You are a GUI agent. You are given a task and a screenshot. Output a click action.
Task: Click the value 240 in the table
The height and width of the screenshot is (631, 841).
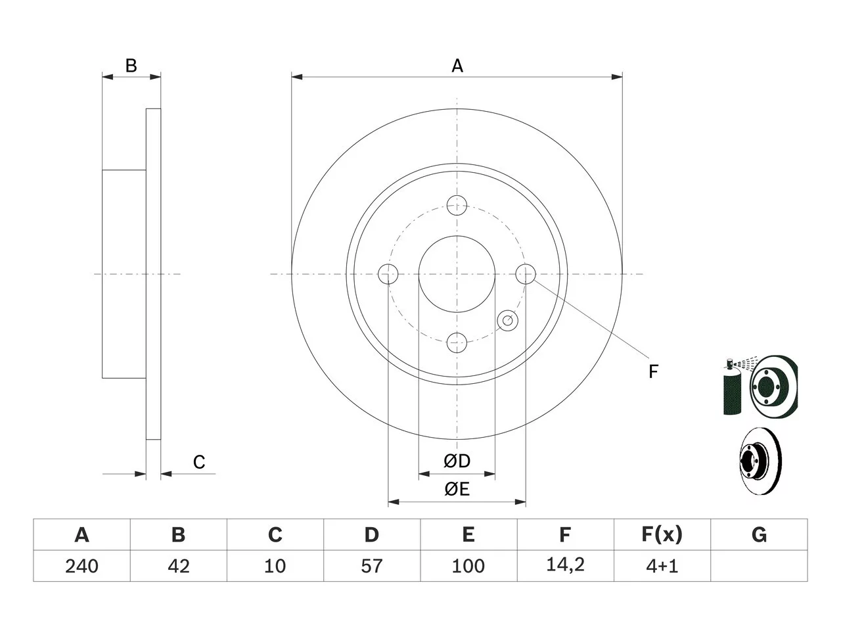81,566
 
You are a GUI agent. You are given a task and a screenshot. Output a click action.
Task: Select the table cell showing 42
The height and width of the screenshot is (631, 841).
179,566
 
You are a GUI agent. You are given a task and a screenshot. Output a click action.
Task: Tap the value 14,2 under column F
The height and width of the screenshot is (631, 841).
565,565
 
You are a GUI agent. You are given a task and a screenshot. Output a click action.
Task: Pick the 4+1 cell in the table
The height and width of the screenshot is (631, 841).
662,566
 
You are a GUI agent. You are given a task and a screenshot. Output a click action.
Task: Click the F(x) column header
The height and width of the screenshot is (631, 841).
662,534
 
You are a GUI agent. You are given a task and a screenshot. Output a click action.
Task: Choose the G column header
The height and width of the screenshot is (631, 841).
759,534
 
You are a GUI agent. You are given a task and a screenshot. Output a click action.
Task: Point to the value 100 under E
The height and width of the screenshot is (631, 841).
468,566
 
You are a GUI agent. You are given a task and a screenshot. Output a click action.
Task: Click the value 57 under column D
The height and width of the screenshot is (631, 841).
372,566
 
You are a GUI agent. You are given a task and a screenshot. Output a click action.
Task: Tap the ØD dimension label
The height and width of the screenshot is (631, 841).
457,461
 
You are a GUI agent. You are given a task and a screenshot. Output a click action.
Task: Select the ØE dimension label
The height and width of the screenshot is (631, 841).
457,489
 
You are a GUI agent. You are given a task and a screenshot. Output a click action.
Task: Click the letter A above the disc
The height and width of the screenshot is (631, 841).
457,66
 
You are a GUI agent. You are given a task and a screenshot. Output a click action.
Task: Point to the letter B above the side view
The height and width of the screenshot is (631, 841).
131,66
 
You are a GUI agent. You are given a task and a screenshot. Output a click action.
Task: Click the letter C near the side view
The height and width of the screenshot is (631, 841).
199,461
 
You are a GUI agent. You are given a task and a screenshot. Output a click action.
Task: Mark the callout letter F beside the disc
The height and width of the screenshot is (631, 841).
653,371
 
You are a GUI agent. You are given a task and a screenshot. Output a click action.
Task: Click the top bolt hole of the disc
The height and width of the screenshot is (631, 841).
457,205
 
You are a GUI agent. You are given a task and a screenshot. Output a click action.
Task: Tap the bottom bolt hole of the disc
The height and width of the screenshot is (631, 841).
457,342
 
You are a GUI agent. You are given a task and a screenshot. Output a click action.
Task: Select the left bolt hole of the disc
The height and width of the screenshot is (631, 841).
388,274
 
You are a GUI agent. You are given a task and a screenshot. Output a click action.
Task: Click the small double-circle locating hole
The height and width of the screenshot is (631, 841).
507,320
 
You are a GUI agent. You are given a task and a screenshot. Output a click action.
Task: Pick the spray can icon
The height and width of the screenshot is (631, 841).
731,386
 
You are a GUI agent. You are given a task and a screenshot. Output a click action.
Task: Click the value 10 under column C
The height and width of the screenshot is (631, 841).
275,566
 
